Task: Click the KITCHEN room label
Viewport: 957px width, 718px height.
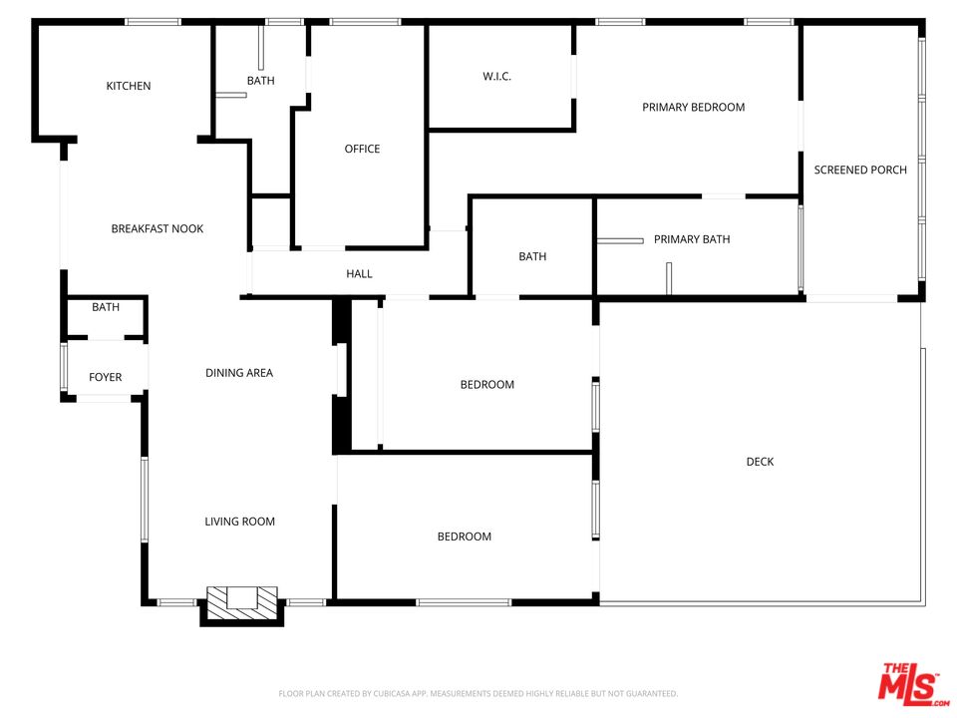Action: pos(129,86)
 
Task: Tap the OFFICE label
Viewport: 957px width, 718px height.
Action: pos(362,149)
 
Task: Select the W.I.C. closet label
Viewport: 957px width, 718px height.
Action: pos(496,77)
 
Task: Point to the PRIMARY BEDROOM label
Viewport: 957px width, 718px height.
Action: pos(693,107)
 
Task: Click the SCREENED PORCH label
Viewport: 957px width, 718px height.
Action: pos(860,170)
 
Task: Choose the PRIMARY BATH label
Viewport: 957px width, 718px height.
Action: pos(692,239)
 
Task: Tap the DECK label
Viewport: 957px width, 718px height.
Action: pos(760,462)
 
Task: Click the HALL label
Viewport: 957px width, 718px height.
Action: pos(359,273)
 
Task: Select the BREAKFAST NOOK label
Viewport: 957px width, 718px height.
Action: pos(157,228)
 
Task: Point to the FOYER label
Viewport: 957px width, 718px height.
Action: pos(105,377)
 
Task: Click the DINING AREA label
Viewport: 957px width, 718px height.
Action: pos(238,373)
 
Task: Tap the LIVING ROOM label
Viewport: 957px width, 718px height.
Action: pos(239,522)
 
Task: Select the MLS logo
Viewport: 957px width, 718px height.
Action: pos(908,684)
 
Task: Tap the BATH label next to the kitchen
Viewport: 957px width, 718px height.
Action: pos(260,81)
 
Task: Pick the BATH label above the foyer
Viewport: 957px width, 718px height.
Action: pos(106,307)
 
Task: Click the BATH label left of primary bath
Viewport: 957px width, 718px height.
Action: pos(532,256)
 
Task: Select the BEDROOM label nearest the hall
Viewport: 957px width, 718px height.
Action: pos(486,385)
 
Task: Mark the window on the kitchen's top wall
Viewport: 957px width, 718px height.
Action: pos(153,22)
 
